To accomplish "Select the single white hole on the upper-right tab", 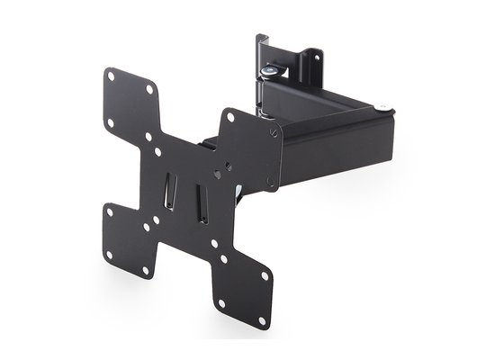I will (x=232, y=116).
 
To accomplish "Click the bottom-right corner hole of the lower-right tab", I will (x=262, y=319).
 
